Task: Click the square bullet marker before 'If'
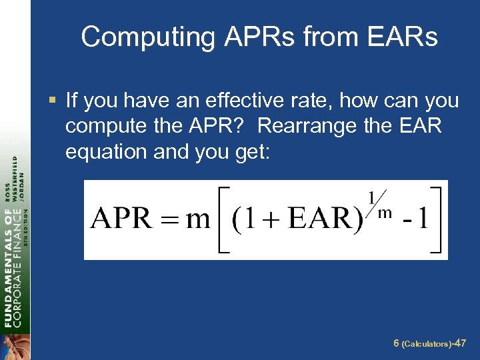(x=54, y=101)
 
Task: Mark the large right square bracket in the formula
(x=437, y=220)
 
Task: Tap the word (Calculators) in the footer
(x=427, y=344)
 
